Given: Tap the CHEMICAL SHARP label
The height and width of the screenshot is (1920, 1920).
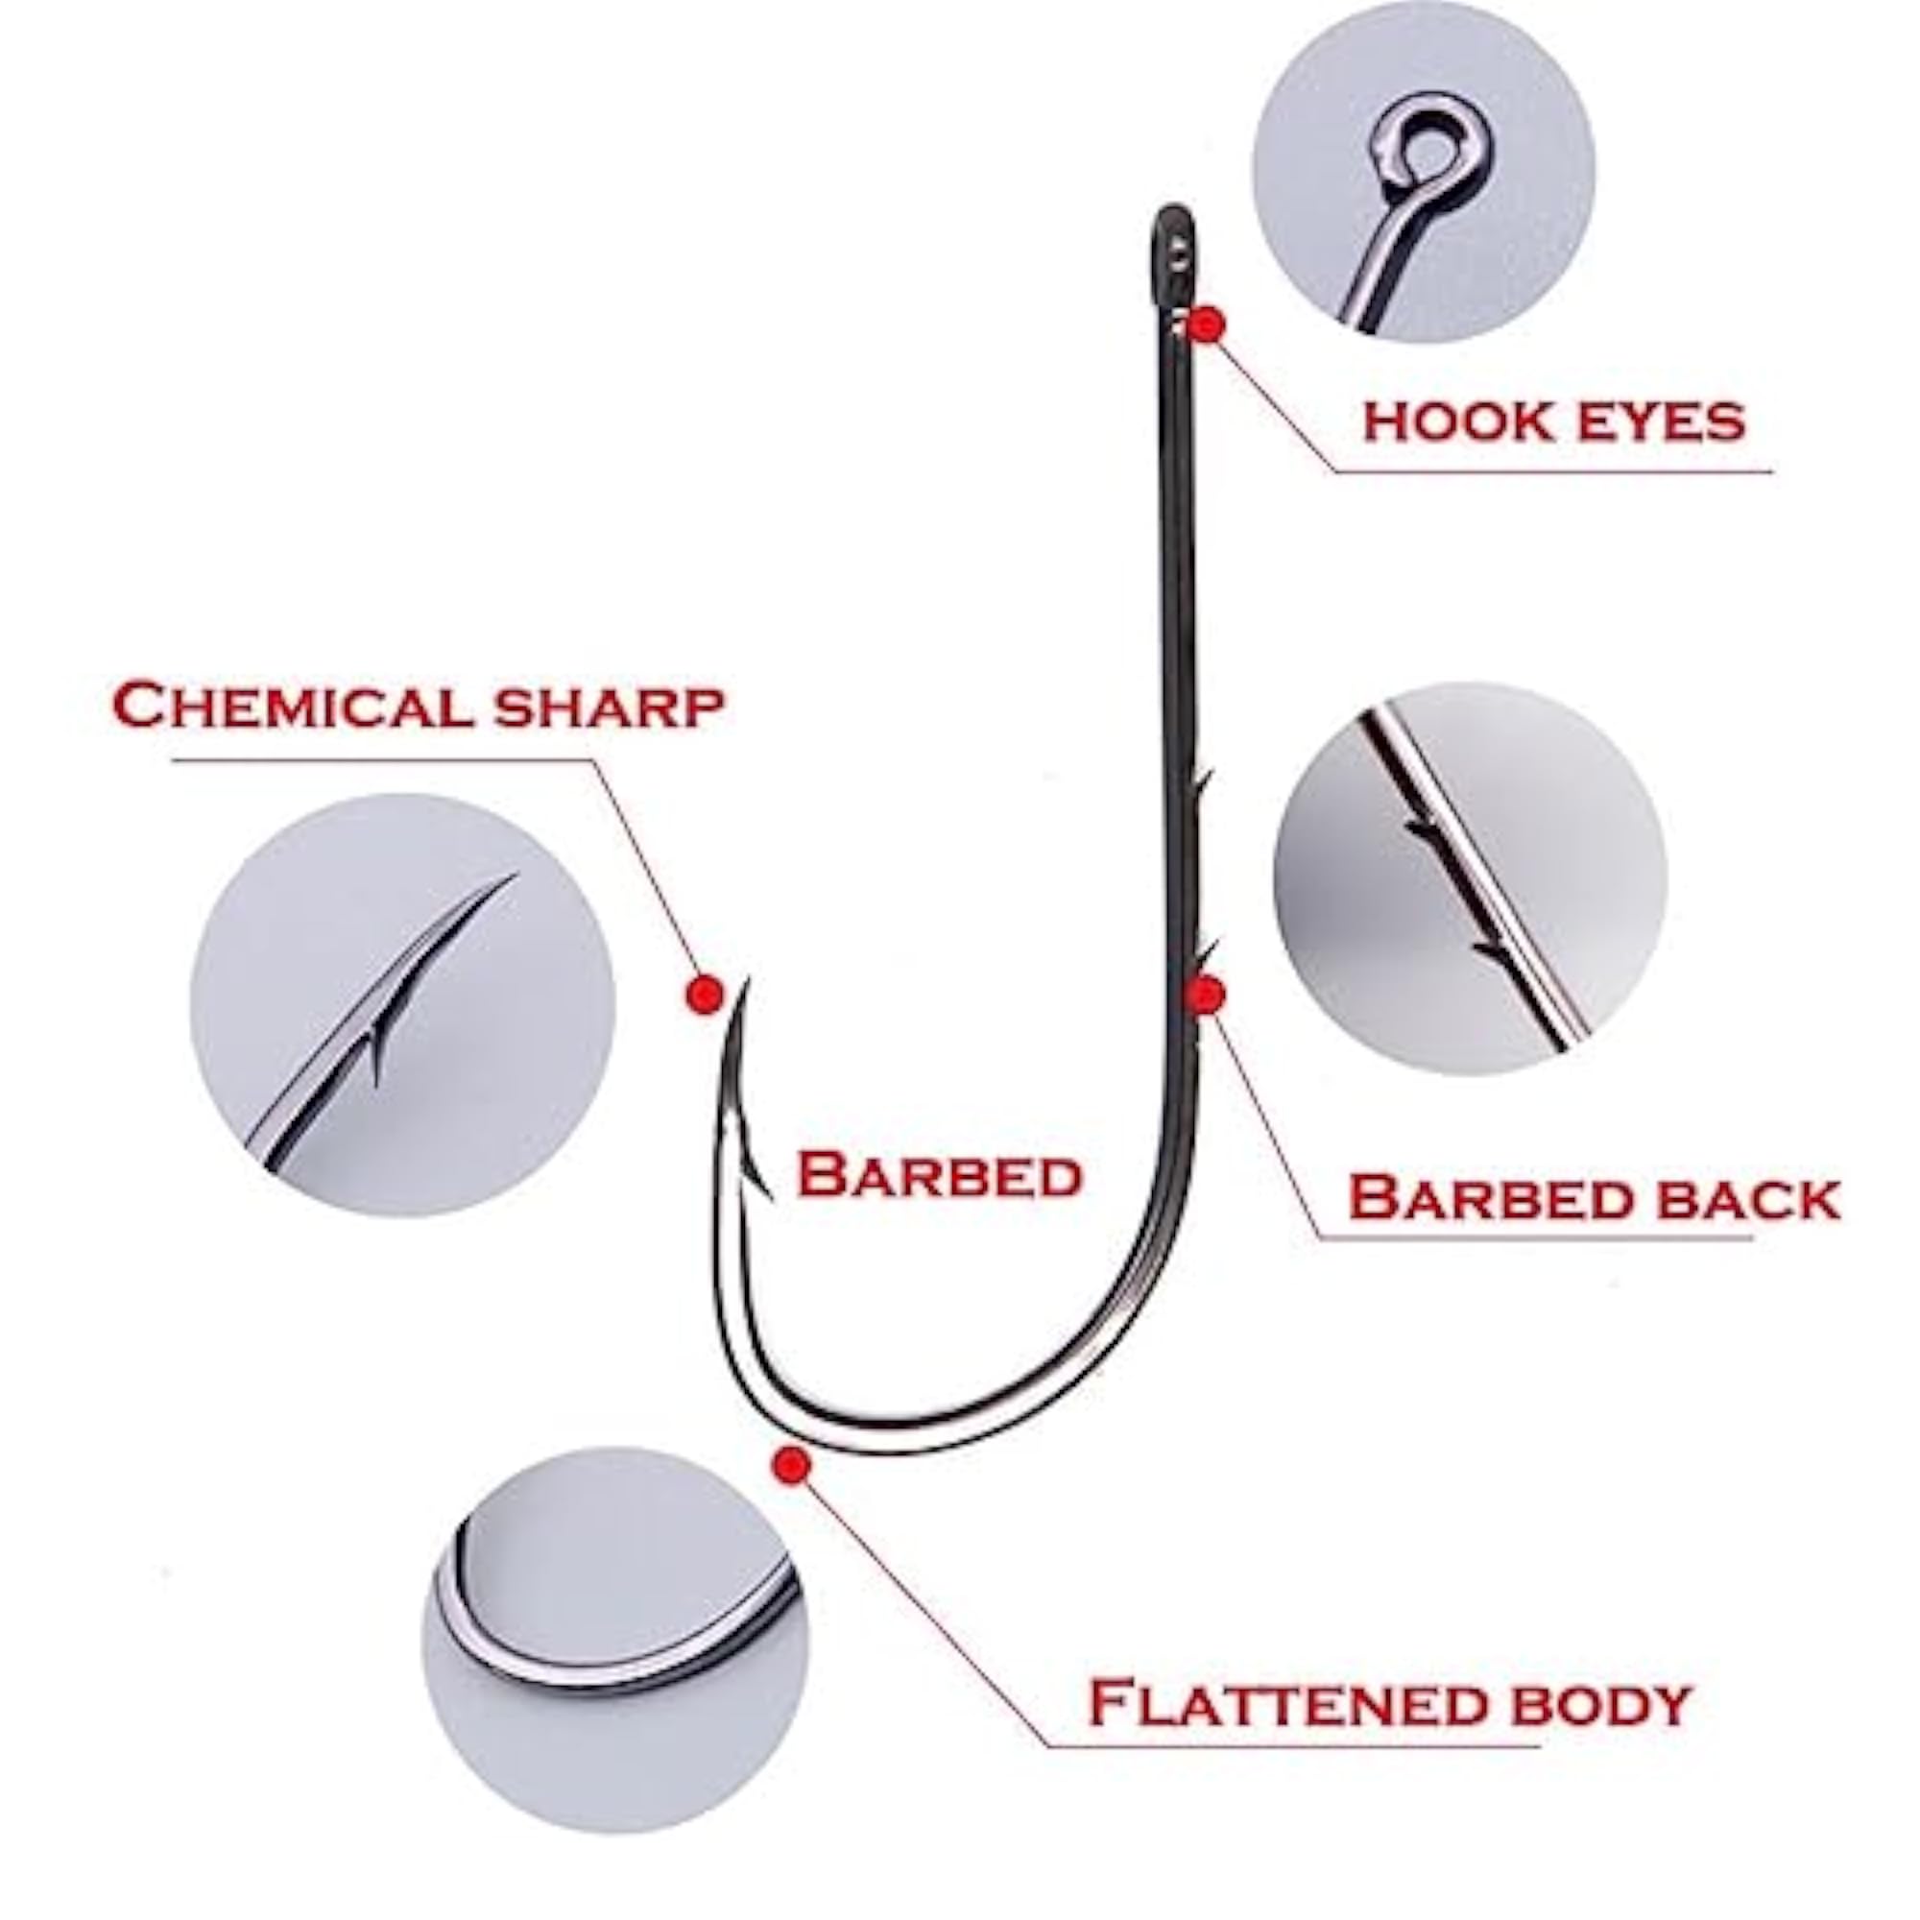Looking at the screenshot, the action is (x=418, y=706).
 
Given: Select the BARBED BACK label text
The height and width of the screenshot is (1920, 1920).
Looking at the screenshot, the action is (x=1594, y=1197).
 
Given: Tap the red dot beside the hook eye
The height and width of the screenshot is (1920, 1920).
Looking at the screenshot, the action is (x=1208, y=324).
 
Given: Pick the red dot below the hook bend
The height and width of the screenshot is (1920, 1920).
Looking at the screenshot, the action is (x=791, y=1464).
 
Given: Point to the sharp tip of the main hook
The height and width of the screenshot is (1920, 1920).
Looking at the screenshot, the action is (x=743, y=980).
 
